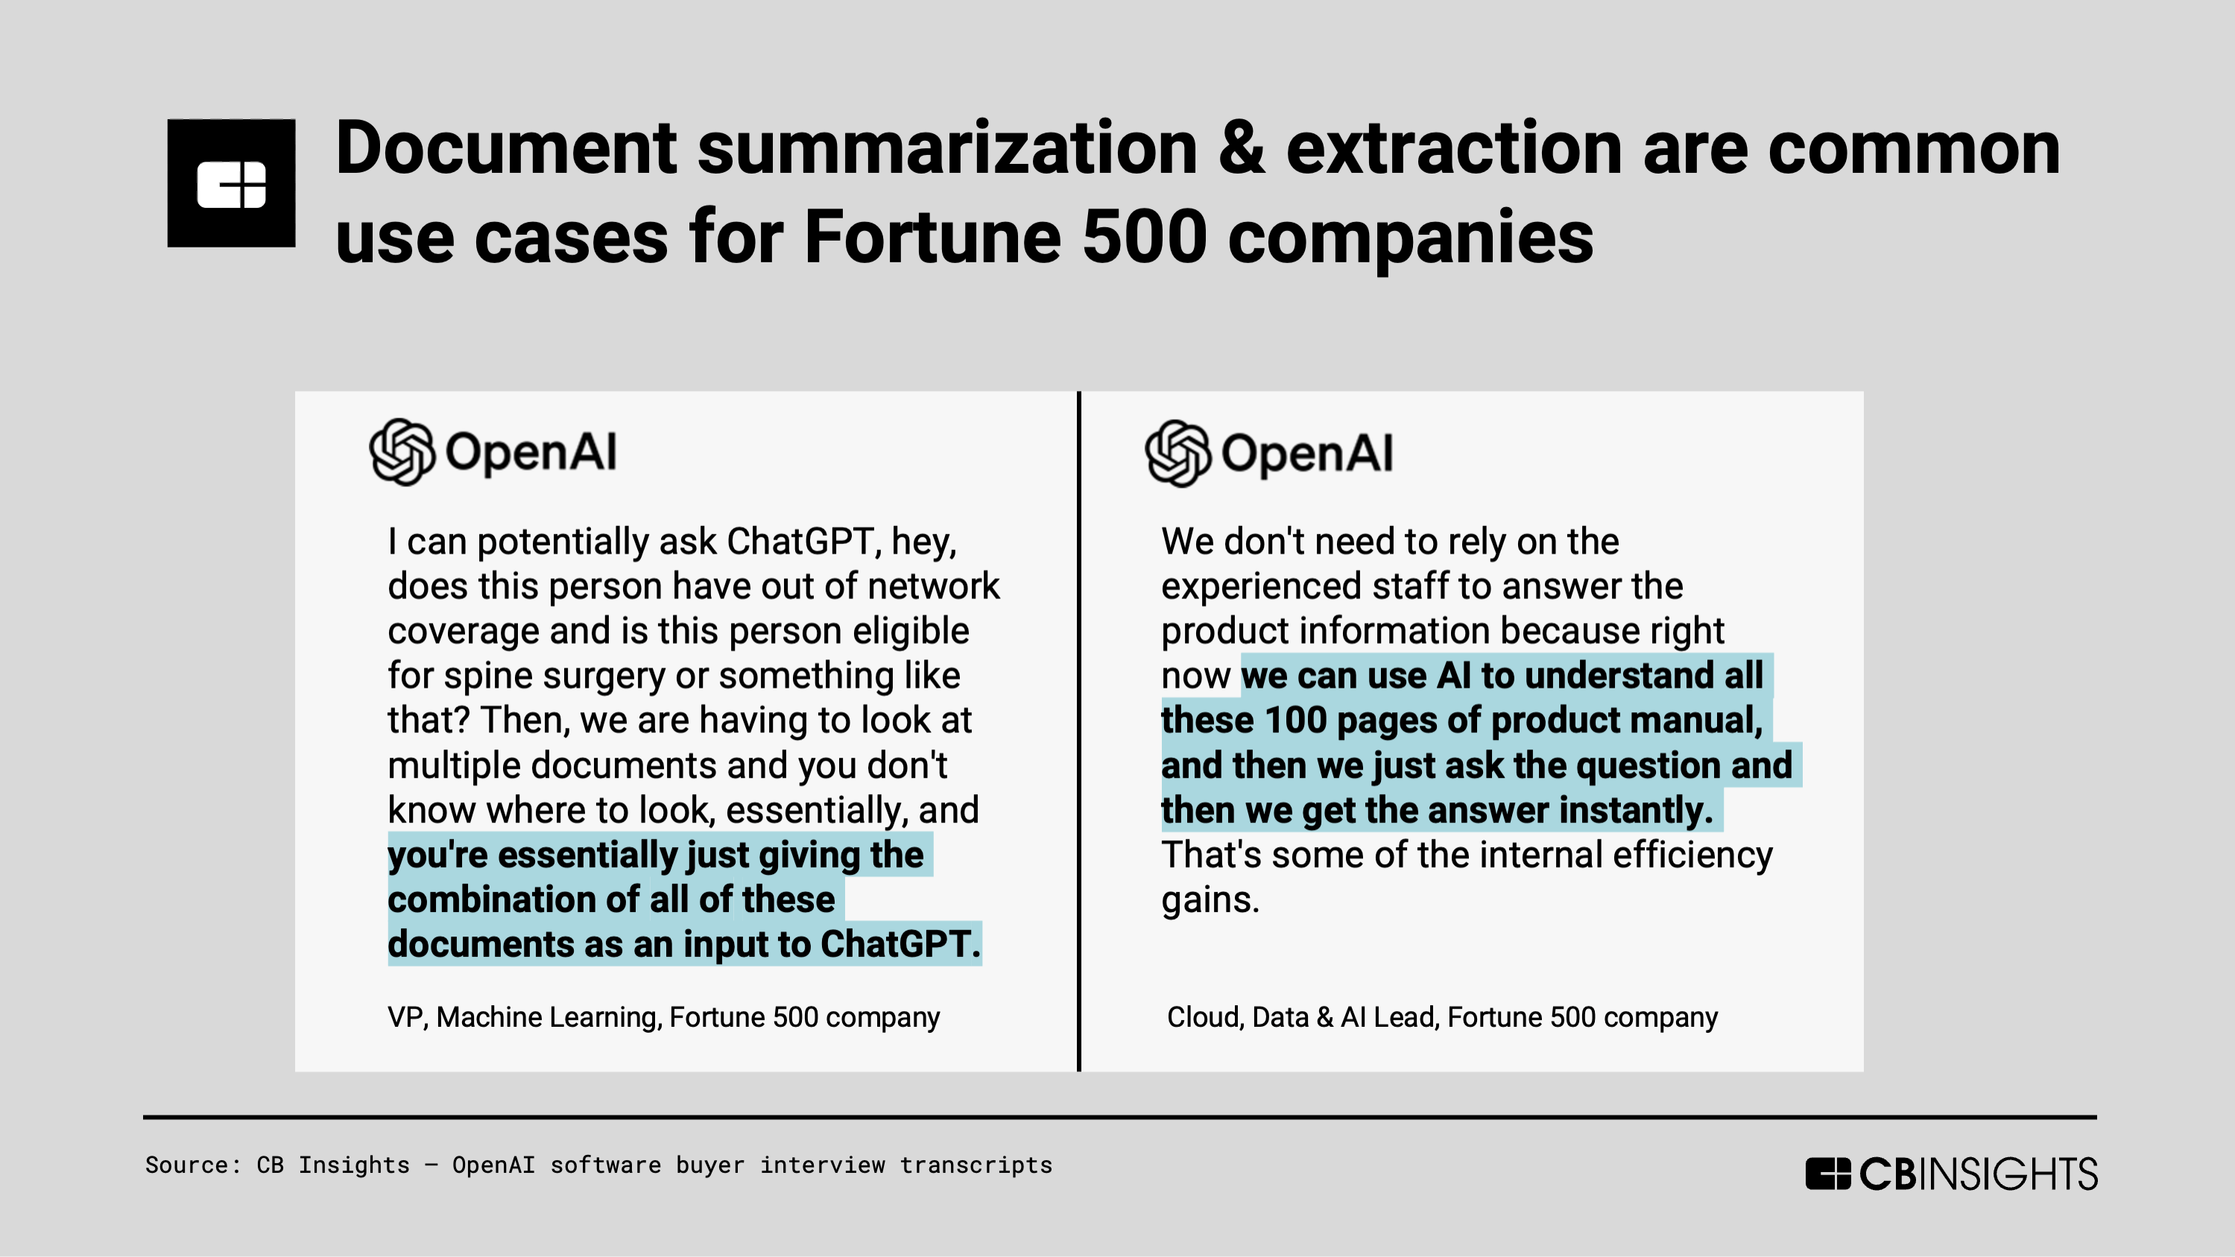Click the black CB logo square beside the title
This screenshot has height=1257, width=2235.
[231, 183]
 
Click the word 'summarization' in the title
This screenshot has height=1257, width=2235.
[947, 148]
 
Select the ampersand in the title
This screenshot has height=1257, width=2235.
[1241, 148]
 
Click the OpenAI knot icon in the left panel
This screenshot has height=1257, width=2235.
[402, 452]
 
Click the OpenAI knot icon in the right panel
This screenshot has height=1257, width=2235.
[1177, 454]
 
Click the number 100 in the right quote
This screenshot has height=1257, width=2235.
[1295, 720]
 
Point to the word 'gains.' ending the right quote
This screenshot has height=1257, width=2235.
[1210, 900]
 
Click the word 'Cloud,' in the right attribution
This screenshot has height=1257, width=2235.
[1204, 1017]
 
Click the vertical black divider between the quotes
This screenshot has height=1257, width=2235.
[1078, 731]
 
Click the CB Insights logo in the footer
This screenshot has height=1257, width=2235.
[1951, 1173]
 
